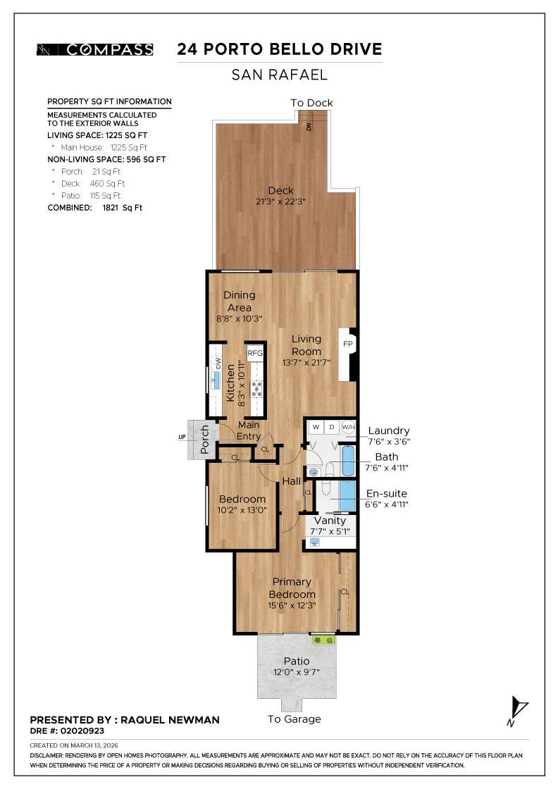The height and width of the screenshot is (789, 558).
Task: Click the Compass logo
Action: (95, 49)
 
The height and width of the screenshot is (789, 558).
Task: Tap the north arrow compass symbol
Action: (518, 710)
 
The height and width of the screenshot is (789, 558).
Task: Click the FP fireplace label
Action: (347, 344)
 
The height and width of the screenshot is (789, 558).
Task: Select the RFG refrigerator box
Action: (255, 354)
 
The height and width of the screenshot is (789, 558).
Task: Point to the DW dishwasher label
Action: (218, 364)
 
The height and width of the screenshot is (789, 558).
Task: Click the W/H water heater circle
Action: (348, 427)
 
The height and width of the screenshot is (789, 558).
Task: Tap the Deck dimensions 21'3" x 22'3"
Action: (280, 201)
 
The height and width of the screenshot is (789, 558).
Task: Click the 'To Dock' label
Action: (311, 103)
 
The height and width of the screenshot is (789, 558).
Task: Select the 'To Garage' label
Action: (294, 719)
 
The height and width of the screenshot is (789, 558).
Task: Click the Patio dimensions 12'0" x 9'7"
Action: (296, 672)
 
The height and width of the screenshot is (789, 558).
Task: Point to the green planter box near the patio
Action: (324, 640)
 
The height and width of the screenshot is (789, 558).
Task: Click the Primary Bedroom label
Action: (292, 588)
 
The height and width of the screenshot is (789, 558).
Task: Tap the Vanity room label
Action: (330, 521)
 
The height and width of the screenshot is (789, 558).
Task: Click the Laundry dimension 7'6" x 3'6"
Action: (388, 442)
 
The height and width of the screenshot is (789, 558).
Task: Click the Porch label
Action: (205, 438)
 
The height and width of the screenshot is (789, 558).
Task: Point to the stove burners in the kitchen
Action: (255, 385)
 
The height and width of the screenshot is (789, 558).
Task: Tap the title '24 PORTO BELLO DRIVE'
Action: (280, 49)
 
